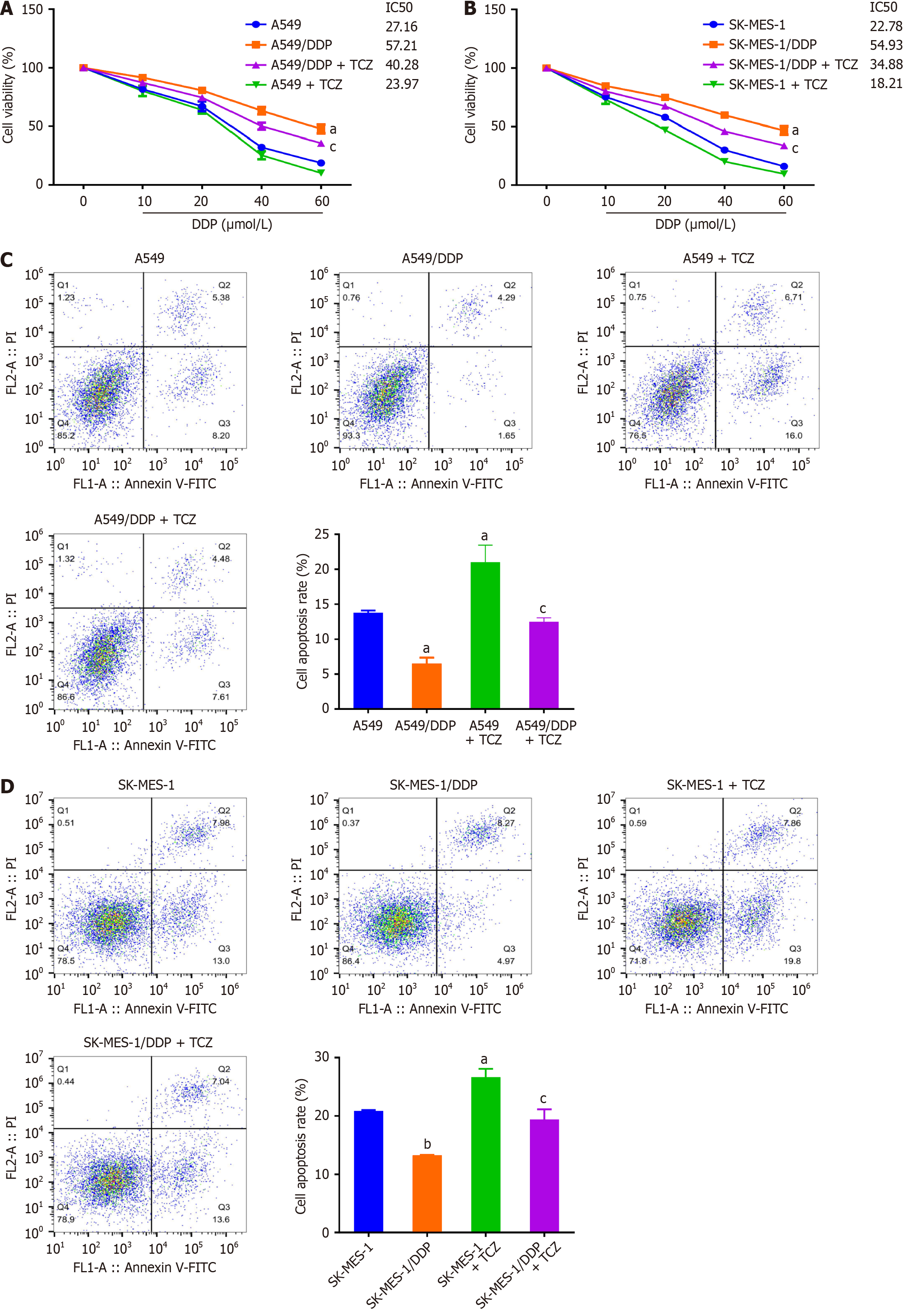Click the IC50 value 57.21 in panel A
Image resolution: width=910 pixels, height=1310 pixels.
[401, 46]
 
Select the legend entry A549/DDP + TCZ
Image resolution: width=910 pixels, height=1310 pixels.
[321, 65]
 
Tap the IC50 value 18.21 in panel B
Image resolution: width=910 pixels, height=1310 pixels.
[886, 84]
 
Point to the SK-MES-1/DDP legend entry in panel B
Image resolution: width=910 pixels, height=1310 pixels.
[772, 44]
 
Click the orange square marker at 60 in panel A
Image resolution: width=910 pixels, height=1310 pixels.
[321, 129]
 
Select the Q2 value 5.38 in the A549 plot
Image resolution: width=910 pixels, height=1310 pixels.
[221, 298]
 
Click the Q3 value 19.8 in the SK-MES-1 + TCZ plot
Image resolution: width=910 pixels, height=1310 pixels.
[792, 961]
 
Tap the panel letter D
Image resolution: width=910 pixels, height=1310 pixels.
[7, 787]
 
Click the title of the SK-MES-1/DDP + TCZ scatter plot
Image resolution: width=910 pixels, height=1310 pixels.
[148, 1043]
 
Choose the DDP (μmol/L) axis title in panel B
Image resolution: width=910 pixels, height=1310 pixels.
[695, 224]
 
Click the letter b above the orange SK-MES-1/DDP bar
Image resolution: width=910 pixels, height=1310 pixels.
[427, 1144]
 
